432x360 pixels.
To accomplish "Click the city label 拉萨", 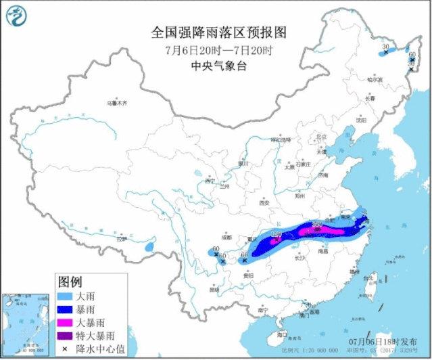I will (121, 238).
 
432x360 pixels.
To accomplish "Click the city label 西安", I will (264, 202).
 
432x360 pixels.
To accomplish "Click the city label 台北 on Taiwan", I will (368, 278).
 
